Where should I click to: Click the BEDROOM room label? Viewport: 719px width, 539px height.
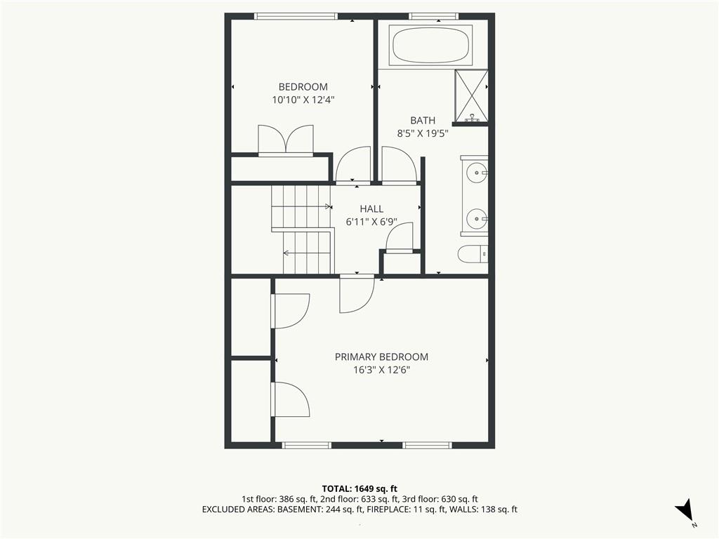[303, 86]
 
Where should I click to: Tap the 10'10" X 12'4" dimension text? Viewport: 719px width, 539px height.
[303, 100]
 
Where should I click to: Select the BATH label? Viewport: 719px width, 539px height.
[423, 121]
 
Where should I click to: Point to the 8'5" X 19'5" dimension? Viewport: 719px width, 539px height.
[422, 134]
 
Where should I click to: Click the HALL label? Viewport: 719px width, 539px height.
[371, 209]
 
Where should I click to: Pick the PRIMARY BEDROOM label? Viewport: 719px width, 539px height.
[381, 357]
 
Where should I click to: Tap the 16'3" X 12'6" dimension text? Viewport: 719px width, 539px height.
[381, 370]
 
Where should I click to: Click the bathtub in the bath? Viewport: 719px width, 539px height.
[430, 44]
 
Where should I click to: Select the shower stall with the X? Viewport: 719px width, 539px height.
[471, 95]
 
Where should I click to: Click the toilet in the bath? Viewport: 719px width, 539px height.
[473, 254]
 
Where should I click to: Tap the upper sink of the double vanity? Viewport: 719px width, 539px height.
[477, 173]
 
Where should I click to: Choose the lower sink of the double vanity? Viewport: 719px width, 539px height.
[477, 219]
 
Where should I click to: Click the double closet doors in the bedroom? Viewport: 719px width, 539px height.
[286, 140]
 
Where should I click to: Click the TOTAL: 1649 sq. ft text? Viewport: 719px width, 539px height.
[359, 488]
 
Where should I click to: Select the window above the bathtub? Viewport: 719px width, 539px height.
[434, 16]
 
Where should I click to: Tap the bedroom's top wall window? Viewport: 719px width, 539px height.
[296, 16]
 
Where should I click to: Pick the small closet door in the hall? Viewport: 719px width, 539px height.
[400, 237]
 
